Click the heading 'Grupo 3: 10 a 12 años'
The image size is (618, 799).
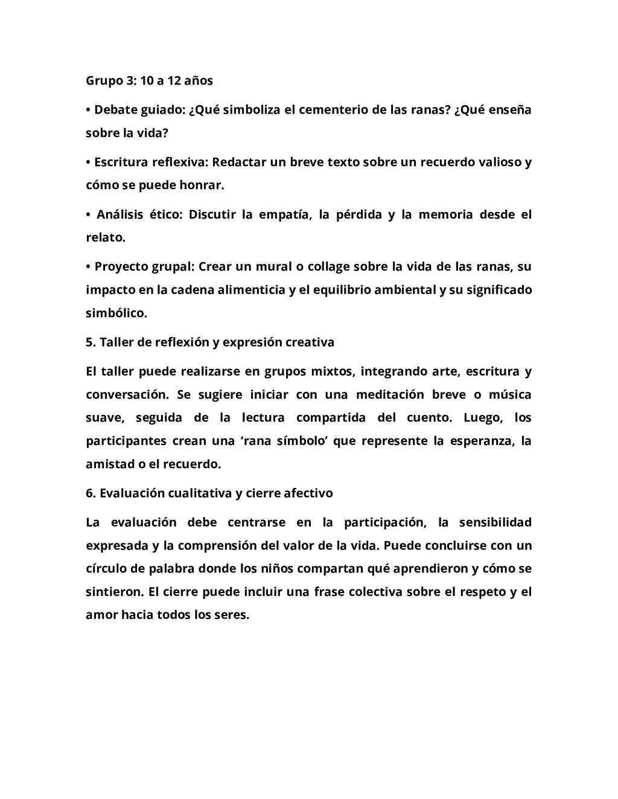coord(149,80)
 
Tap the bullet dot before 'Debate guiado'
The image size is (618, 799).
coord(88,110)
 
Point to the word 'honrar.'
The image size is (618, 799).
coord(201,185)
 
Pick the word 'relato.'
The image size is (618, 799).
coord(106,237)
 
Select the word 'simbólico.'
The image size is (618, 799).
coord(116,313)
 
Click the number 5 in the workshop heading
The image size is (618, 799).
coord(89,342)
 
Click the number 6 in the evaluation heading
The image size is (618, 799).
coord(89,493)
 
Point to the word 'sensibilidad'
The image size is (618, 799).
coord(495,522)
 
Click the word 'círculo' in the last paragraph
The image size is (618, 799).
coord(106,568)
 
